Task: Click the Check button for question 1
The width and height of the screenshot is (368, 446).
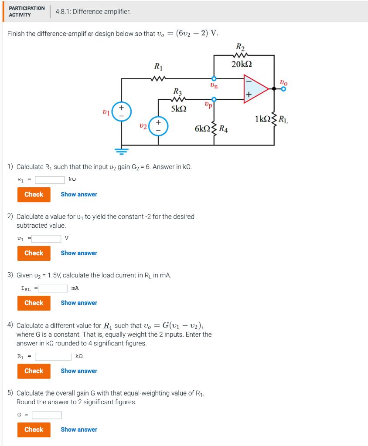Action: tap(34, 194)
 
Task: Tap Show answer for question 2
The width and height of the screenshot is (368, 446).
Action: tap(79, 253)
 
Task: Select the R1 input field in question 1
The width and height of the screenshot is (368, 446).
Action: tap(50, 180)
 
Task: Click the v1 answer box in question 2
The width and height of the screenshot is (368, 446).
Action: tap(46, 238)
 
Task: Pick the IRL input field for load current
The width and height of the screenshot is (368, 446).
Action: tap(53, 288)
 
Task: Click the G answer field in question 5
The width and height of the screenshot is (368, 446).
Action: tap(47, 415)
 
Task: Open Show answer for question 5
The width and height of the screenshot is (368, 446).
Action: tap(79, 429)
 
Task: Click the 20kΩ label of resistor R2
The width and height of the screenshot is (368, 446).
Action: tap(242, 64)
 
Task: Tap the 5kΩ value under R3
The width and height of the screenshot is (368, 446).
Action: tap(179, 109)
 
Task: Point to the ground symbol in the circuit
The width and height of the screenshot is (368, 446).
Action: tap(122, 152)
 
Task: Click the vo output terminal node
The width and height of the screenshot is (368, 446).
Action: tap(283, 89)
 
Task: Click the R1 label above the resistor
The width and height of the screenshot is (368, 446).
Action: tap(158, 67)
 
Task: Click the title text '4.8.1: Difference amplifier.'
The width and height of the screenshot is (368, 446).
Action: tap(93, 11)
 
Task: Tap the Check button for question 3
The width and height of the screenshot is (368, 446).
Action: tap(34, 303)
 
